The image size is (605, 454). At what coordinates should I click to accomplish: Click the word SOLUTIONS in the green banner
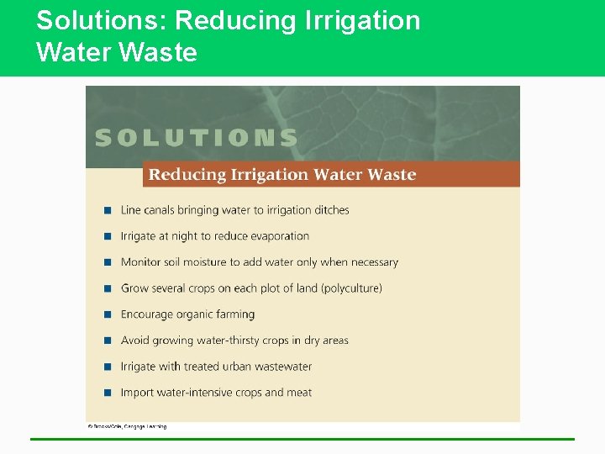click(x=196, y=138)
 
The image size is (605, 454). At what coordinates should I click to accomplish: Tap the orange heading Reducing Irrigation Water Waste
click(x=282, y=175)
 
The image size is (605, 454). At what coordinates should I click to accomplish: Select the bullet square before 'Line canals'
click(x=108, y=210)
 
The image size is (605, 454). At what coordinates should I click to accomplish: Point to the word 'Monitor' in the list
click(x=140, y=262)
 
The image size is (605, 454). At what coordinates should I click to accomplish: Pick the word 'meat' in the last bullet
click(x=300, y=393)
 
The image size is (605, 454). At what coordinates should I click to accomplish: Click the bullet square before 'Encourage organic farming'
click(x=108, y=314)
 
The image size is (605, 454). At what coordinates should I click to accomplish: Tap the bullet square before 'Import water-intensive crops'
click(x=108, y=393)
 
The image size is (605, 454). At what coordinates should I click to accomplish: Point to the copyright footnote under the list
click(x=128, y=426)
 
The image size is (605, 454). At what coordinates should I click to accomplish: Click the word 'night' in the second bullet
click(x=184, y=236)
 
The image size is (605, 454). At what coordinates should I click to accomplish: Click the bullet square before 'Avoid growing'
click(x=108, y=340)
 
